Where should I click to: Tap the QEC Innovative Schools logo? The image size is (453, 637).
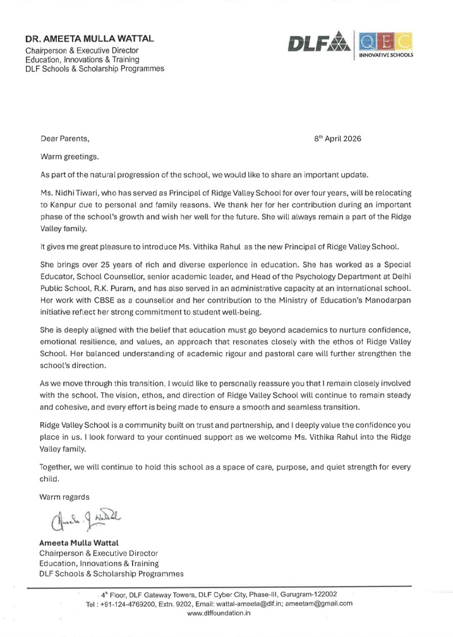[385, 45]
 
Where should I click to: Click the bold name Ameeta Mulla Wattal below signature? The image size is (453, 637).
[80, 543]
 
